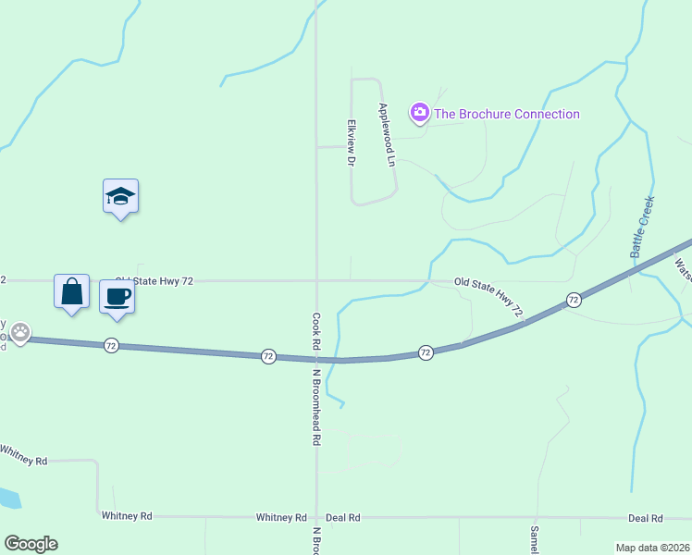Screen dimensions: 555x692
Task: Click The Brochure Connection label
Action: point(507,114)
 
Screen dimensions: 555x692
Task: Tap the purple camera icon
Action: point(420,113)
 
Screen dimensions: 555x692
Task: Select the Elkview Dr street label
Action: point(351,142)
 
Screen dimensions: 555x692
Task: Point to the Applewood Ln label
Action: point(386,134)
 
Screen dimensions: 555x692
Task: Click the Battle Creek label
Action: point(642,227)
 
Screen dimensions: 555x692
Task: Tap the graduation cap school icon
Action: point(120,196)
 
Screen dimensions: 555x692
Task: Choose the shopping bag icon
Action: point(71,291)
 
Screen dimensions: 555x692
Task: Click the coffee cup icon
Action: point(117,296)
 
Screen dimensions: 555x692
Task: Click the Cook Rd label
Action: point(315,329)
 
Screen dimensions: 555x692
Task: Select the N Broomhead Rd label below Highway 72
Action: point(315,408)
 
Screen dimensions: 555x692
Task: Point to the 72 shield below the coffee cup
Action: point(111,344)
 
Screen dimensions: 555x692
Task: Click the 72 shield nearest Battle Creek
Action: point(574,300)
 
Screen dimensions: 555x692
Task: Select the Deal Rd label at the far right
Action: point(645,518)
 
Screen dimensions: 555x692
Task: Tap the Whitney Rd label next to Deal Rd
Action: point(281,517)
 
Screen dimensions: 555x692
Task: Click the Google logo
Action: point(31,544)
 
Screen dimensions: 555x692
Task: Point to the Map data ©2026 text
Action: point(651,548)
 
